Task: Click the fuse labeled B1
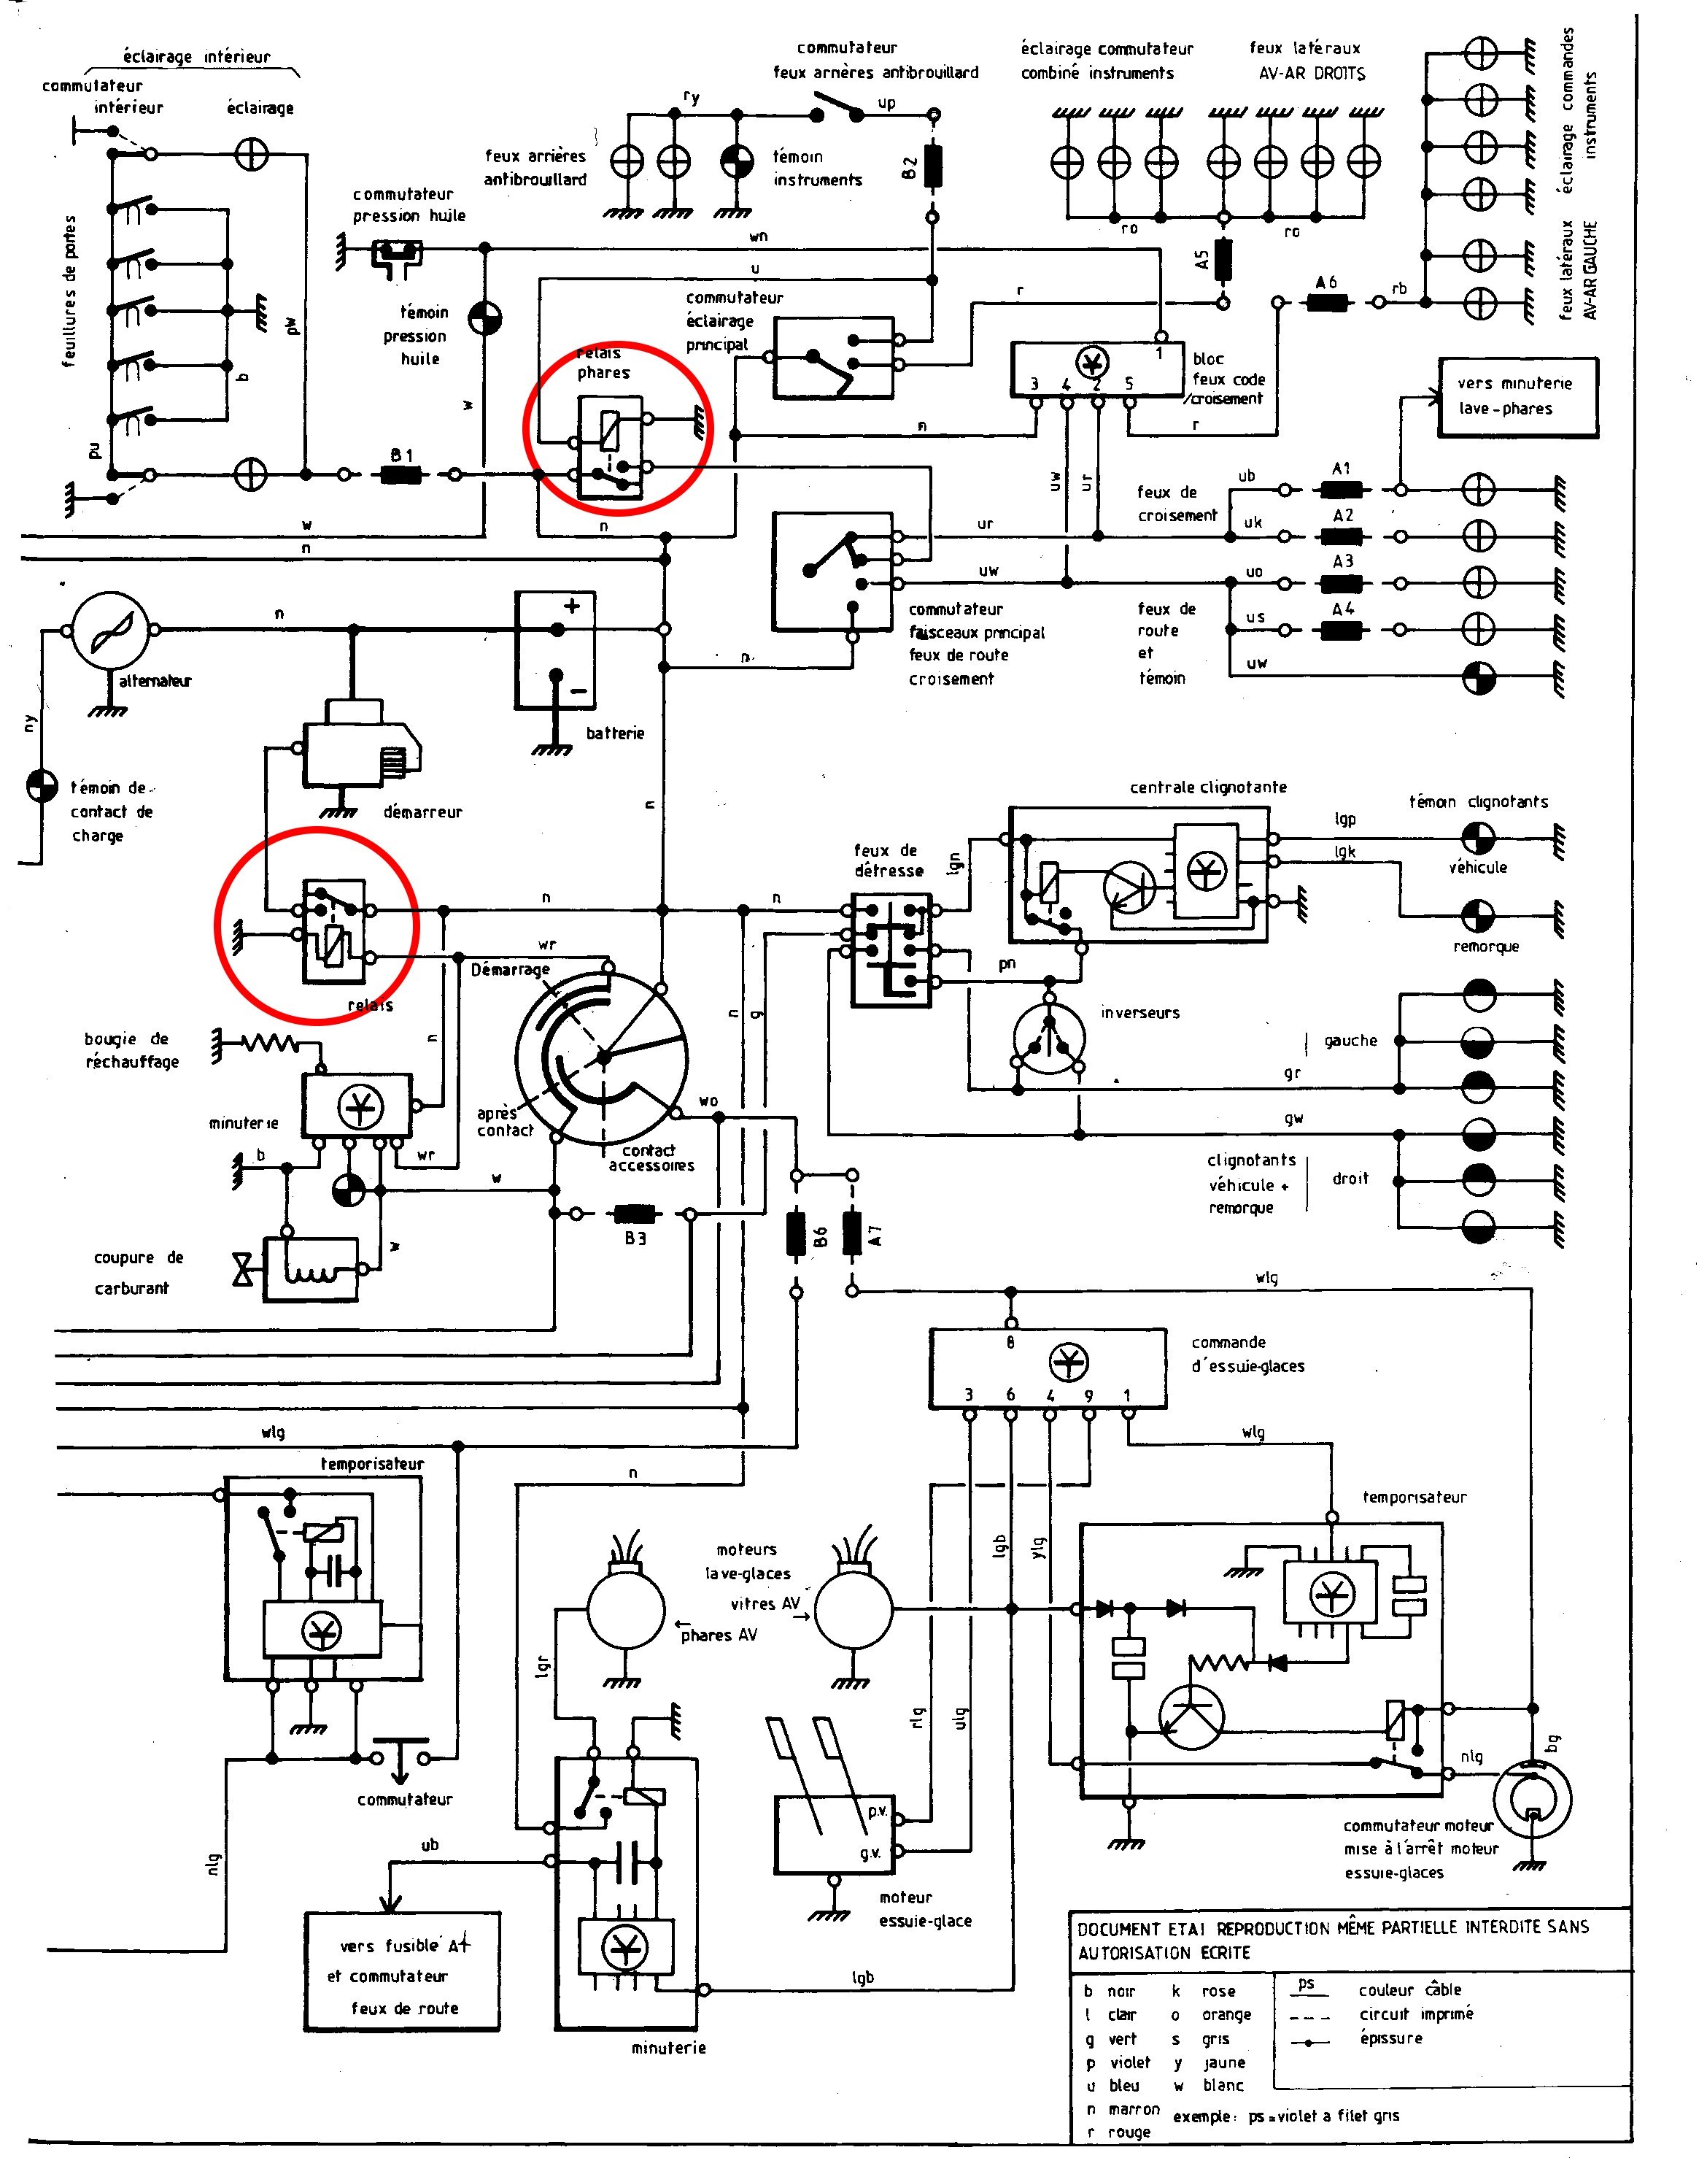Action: [x=401, y=474]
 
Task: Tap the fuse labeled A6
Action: [x=1327, y=301]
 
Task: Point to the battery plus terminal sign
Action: [x=572, y=606]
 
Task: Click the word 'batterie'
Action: [x=615, y=733]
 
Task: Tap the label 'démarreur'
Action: [x=423, y=812]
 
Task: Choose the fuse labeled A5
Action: [x=1223, y=258]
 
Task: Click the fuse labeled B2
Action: [x=933, y=167]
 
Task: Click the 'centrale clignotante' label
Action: [x=1207, y=787]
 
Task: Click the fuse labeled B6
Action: [x=797, y=1233]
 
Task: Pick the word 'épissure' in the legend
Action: [x=1390, y=2038]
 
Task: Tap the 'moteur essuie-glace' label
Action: [x=924, y=1909]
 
